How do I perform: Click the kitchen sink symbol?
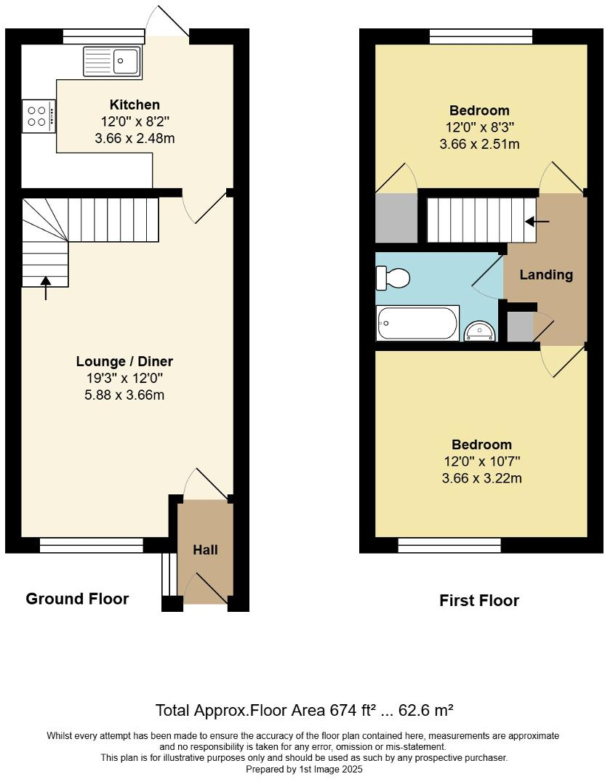[112, 61]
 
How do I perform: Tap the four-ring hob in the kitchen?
[38, 116]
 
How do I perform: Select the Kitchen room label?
[135, 105]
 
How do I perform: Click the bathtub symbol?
[417, 323]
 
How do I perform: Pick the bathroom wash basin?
[480, 331]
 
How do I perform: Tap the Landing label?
[546, 275]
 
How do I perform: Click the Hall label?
[205, 550]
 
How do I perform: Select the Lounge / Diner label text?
[125, 361]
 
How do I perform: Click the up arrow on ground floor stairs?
[46, 288]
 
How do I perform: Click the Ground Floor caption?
[77, 599]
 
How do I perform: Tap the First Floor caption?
[479, 600]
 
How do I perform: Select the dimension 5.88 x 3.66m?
[125, 395]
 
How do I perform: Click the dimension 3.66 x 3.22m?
[481, 477]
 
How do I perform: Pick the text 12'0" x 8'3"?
[479, 127]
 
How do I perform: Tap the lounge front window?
[92, 546]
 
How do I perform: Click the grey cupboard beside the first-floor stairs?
[396, 218]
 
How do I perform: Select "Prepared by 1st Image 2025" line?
[303, 768]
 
